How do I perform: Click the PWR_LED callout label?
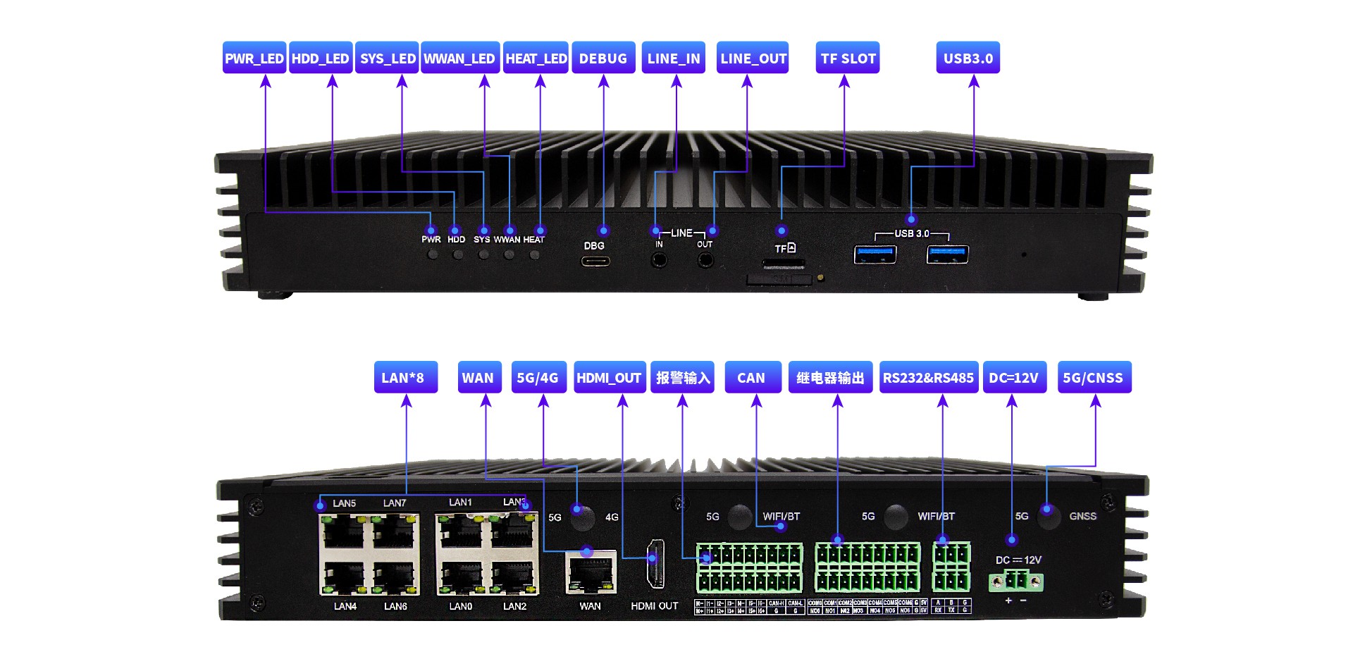pyautogui.click(x=254, y=59)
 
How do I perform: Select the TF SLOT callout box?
pyautogui.click(x=848, y=59)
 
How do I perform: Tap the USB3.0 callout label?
pyautogui.click(x=968, y=59)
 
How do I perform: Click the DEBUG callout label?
pyautogui.click(x=603, y=59)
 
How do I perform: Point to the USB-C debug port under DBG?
pyautogui.click(x=595, y=261)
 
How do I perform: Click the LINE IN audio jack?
pyautogui.click(x=659, y=260)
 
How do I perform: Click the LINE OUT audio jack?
pyautogui.click(x=705, y=260)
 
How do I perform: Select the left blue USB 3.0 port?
pyautogui.click(x=875, y=254)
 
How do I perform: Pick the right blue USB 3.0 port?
pyautogui.click(x=947, y=254)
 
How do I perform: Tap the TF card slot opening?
pyautogui.click(x=783, y=264)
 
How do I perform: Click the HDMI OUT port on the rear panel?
pyautogui.click(x=655, y=564)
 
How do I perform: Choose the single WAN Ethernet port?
pyautogui.click(x=591, y=572)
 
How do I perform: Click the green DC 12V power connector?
pyautogui.click(x=1015, y=582)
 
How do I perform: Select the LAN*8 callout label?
pyautogui.click(x=405, y=378)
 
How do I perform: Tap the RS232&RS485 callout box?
pyautogui.click(x=928, y=378)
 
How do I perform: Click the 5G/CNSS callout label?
pyautogui.click(x=1094, y=378)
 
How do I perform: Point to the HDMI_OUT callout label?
pyautogui.click(x=609, y=378)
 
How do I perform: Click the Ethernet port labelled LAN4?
pyautogui.click(x=344, y=578)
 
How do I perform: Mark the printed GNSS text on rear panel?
pyautogui.click(x=1082, y=516)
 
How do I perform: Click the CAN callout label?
pyautogui.click(x=751, y=378)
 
